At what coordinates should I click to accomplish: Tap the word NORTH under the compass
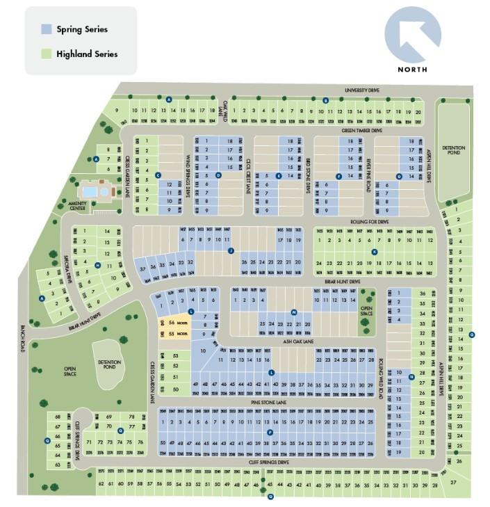tap(412, 70)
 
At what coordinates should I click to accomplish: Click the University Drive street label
tap(363, 90)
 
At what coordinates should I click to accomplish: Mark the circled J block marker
tap(230, 251)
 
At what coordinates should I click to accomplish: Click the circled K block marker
tap(375, 252)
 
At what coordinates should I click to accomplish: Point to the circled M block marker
tap(294, 312)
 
